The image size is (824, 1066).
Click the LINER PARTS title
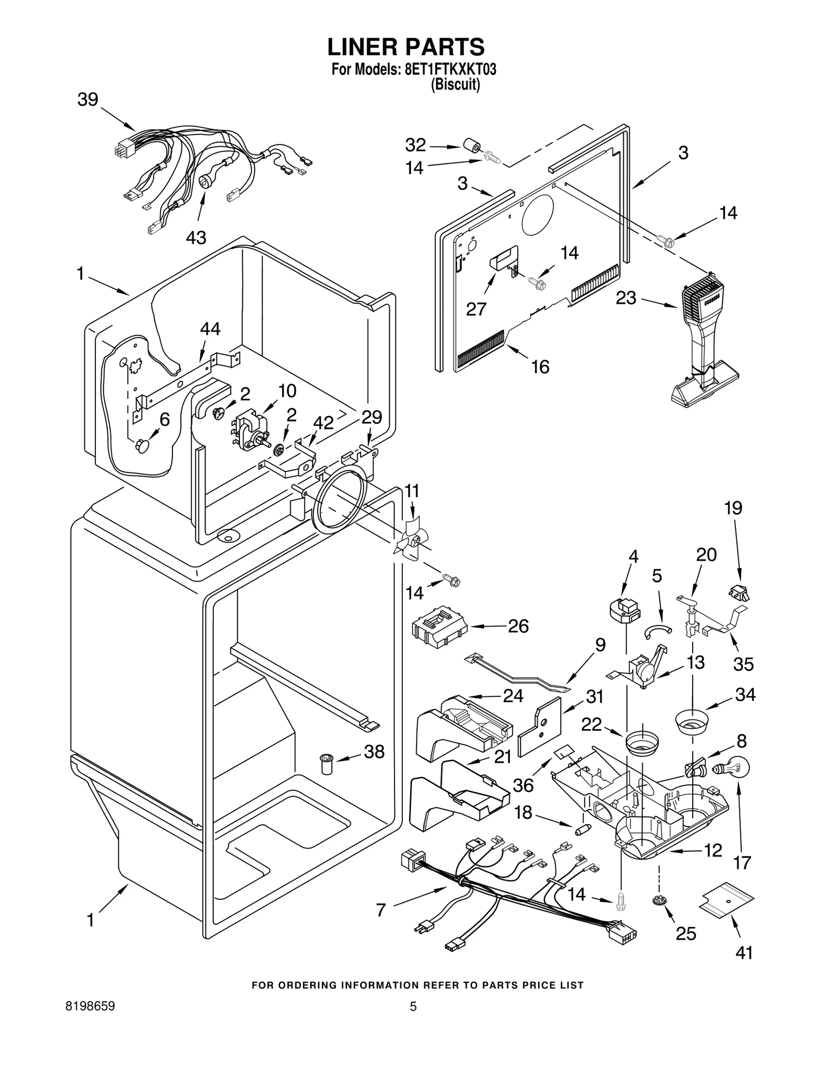pos(406,47)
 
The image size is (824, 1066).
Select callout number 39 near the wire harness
pos(88,99)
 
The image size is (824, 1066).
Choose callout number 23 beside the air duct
pos(626,298)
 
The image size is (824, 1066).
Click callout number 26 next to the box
pos(518,626)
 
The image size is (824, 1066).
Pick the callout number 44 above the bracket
pos(210,328)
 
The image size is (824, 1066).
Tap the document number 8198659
pos(91,1006)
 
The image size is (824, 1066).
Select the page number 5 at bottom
pos(413,1007)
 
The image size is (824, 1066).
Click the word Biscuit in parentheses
pos(455,85)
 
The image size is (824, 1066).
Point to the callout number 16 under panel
pos(540,366)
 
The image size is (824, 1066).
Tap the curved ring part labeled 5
pos(659,628)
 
